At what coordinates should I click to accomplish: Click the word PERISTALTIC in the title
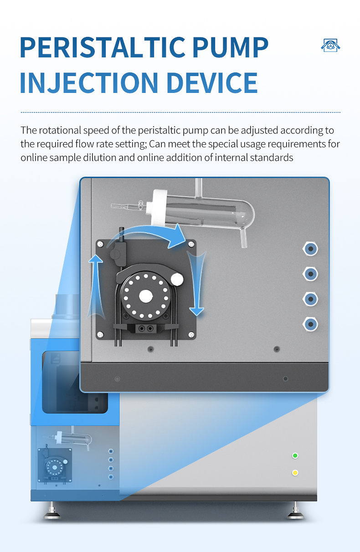[103, 47]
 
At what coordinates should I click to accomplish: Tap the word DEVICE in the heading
[212, 83]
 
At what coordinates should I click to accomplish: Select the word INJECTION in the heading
[89, 83]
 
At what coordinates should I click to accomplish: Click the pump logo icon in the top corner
[330, 46]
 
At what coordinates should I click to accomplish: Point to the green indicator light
[295, 455]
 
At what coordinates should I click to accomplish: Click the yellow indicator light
[295, 473]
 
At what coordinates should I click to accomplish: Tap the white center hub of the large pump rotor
[146, 296]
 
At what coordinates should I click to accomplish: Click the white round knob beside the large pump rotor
[177, 279]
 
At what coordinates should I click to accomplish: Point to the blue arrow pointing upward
[96, 286]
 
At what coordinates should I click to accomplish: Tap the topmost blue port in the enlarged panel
[310, 249]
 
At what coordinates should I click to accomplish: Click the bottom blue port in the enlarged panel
[310, 324]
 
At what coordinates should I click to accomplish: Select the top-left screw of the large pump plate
[100, 244]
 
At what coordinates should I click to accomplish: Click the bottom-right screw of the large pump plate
[191, 335]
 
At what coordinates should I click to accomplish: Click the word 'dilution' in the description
[100, 158]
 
